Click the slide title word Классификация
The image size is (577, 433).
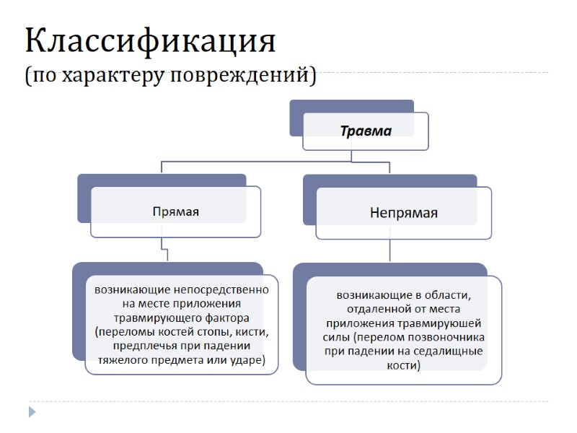(151, 41)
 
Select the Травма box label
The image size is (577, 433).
(366, 131)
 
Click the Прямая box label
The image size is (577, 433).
(175, 212)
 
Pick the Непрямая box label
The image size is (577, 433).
(404, 213)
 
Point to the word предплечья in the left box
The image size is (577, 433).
(125, 346)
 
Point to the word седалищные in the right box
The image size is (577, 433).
(449, 351)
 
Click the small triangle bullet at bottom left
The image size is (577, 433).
(32, 412)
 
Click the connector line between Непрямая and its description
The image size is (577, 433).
(389, 250)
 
